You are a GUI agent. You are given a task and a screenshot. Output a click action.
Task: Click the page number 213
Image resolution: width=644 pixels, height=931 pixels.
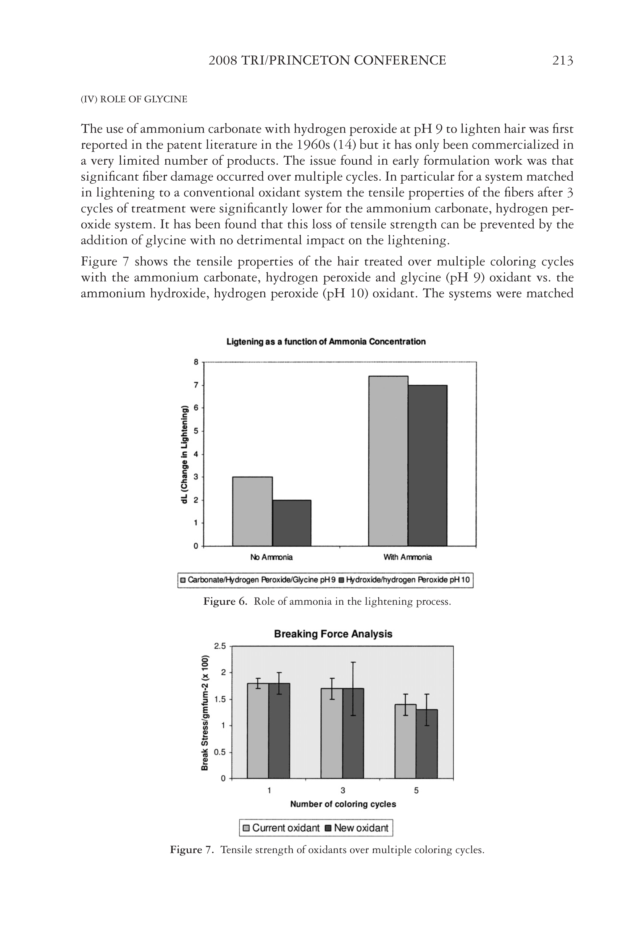[562, 61]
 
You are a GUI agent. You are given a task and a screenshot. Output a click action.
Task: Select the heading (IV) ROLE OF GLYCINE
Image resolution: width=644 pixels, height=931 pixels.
[134, 99]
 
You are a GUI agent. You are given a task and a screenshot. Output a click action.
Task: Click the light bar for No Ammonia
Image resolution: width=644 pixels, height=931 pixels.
[252, 511]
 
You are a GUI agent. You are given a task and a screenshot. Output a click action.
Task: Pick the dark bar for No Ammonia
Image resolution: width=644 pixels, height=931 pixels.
[291, 523]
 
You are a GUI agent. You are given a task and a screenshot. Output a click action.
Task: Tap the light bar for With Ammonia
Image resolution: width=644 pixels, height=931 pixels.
[388, 461]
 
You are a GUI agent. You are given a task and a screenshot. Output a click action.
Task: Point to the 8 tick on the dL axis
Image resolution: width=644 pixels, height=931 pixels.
[196, 362]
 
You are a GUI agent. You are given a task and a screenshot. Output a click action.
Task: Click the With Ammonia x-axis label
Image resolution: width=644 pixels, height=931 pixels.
[408, 557]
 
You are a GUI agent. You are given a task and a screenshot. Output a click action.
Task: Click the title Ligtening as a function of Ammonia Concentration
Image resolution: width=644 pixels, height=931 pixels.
[326, 342]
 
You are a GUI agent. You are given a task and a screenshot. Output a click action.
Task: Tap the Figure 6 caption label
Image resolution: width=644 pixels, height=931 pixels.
[225, 602]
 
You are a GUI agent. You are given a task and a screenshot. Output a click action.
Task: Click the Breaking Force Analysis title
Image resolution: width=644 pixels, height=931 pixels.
[333, 634]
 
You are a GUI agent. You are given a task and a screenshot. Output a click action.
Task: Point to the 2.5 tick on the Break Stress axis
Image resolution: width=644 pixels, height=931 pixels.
[220, 646]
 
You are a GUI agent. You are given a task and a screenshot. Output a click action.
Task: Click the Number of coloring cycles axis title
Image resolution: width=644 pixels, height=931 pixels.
[343, 804]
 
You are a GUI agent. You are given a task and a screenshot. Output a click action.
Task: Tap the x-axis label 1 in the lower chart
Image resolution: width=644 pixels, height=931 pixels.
[269, 790]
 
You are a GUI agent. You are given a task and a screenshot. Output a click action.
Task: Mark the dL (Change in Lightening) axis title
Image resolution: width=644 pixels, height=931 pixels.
[184, 454]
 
